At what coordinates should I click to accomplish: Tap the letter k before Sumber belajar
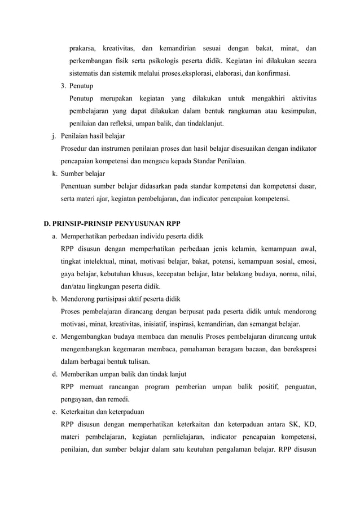coord(53,173)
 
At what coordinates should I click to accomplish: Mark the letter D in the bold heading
coord(47,223)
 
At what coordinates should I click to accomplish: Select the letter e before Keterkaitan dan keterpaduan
coord(53,411)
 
